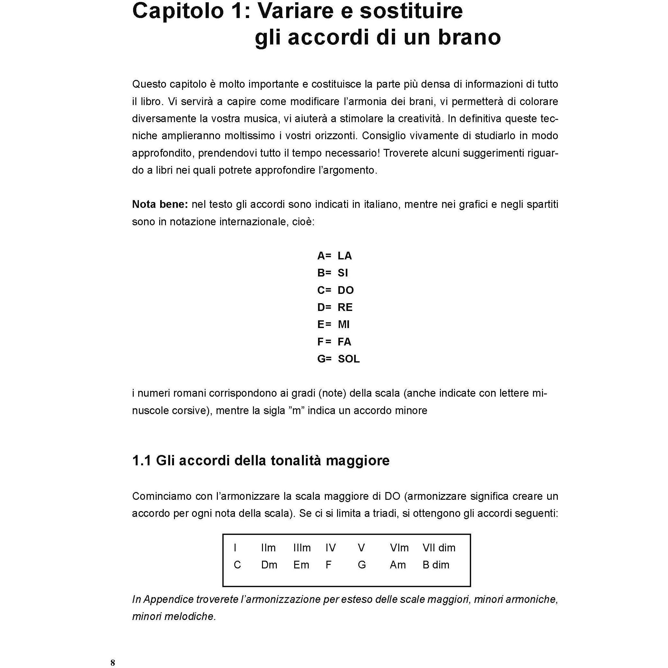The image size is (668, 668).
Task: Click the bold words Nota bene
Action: click(x=160, y=204)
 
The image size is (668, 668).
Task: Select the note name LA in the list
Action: click(x=344, y=256)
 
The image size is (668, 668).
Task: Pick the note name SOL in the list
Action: click(x=349, y=359)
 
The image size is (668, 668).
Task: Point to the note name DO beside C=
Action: click(x=345, y=290)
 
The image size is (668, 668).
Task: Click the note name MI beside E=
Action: click(x=344, y=324)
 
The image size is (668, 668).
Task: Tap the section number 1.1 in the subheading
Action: click(x=142, y=460)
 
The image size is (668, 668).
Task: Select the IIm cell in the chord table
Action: click(x=268, y=548)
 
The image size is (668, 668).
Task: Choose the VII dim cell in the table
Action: click(x=439, y=548)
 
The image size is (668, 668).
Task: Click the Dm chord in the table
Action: click(x=269, y=565)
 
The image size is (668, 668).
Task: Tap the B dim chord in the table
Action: click(x=436, y=565)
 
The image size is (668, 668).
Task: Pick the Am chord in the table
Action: click(x=398, y=565)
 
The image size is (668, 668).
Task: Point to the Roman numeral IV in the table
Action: click(x=331, y=548)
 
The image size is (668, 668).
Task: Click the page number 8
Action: click(x=113, y=663)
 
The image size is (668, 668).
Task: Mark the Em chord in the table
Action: click(x=301, y=565)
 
